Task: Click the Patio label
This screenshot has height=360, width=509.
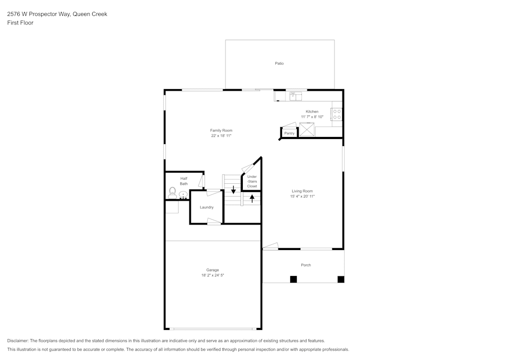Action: point(279,64)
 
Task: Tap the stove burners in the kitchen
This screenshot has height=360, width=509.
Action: point(337,114)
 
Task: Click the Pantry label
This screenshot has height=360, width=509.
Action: point(289,133)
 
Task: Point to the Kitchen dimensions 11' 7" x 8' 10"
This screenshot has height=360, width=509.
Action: point(312,117)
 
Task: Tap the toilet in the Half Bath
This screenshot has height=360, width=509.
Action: point(172,192)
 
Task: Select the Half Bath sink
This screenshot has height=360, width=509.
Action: point(183,194)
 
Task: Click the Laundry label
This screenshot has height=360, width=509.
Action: point(207,207)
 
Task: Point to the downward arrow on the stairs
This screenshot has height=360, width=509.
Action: point(233,190)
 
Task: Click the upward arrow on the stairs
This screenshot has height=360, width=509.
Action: point(252,198)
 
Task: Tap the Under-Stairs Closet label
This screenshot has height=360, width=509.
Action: point(252,181)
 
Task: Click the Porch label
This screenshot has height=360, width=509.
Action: point(306,265)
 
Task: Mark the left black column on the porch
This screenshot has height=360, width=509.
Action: point(293,279)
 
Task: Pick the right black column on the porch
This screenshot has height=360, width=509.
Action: point(341,279)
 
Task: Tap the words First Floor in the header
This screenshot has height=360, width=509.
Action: point(20,23)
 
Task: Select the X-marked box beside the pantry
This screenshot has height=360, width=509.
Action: point(306,130)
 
